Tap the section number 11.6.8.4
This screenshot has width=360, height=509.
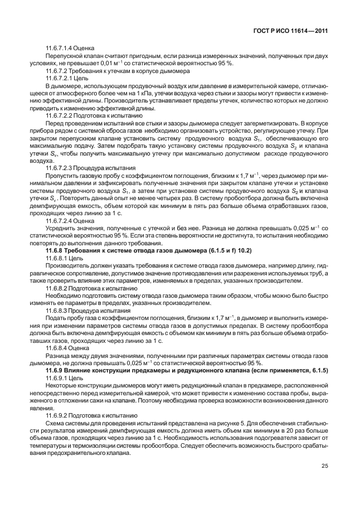point(58,348)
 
